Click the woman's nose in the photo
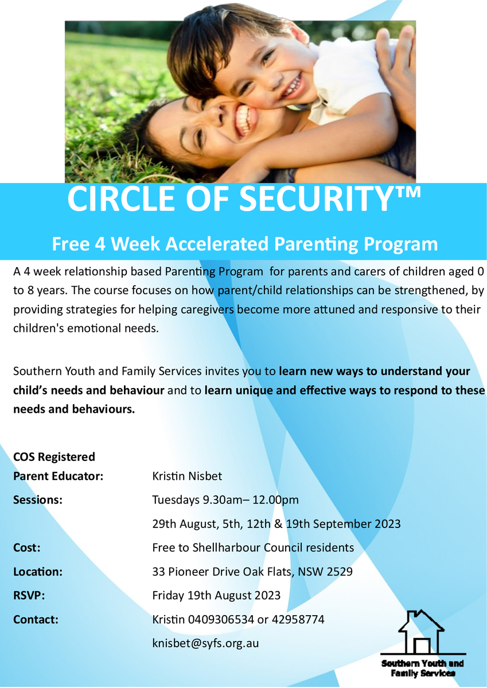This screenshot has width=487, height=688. coord(219,113)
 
